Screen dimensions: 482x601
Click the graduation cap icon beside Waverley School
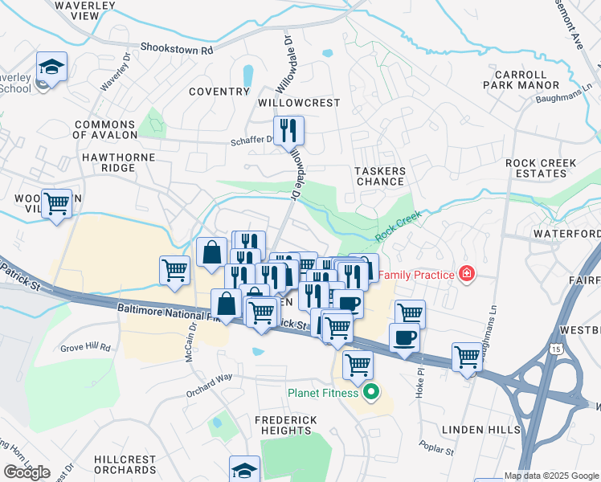(x=51, y=68)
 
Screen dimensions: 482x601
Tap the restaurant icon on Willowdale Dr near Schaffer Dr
(x=288, y=130)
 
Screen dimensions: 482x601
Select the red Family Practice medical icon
(x=466, y=275)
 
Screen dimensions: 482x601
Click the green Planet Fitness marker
(x=370, y=393)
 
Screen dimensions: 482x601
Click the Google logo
(x=27, y=472)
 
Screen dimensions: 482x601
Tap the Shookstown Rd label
(x=176, y=49)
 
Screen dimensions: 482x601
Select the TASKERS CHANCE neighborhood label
(x=379, y=176)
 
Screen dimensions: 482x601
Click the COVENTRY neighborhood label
(x=219, y=92)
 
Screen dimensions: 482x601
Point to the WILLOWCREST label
(x=299, y=104)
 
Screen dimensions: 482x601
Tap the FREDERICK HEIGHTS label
(x=286, y=425)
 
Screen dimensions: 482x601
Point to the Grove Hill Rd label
(x=85, y=348)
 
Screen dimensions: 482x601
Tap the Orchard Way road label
(x=208, y=376)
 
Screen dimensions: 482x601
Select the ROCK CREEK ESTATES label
(x=541, y=168)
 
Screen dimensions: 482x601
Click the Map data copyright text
(x=551, y=476)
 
